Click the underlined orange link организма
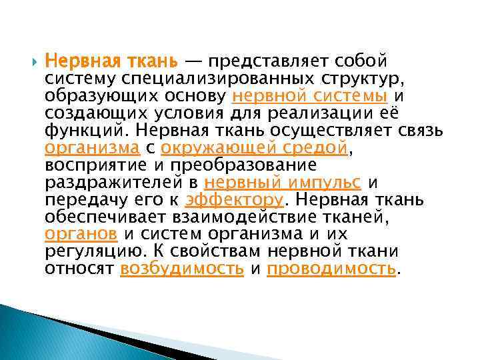click(x=92, y=148)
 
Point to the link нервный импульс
click(x=283, y=183)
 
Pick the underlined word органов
click(x=81, y=235)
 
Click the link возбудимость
click(x=182, y=269)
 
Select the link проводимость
click(x=331, y=269)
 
